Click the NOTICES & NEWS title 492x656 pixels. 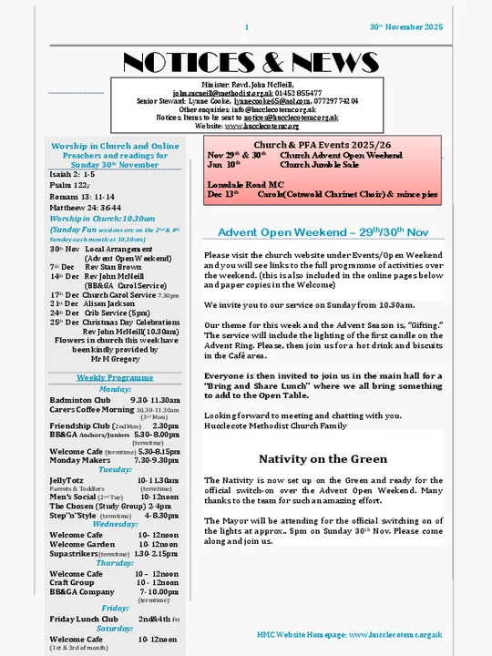click(x=245, y=62)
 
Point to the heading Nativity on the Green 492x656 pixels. click(x=323, y=459)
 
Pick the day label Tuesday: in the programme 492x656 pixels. click(x=115, y=469)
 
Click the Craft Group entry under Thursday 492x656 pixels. click(x=72, y=582)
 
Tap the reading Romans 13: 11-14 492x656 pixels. click(x=83, y=195)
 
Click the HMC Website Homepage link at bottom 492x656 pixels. click(x=350, y=634)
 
